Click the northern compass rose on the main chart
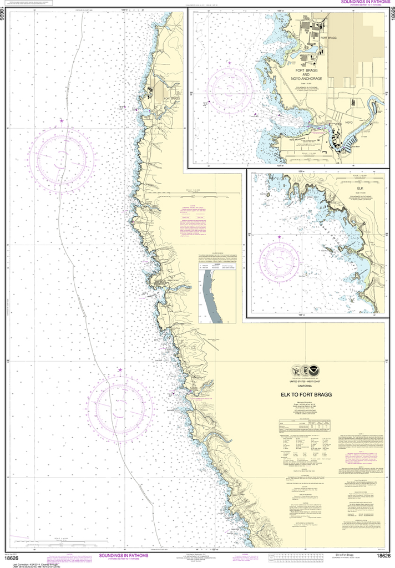tap(61, 159)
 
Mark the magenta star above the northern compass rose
tap(62, 120)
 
